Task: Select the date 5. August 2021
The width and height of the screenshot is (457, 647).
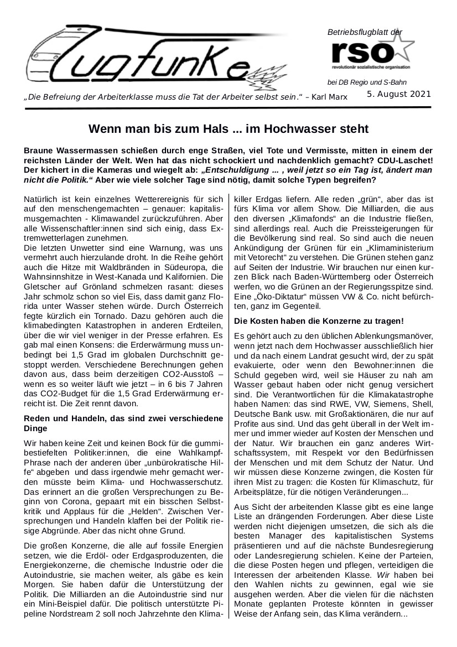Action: coord(399,94)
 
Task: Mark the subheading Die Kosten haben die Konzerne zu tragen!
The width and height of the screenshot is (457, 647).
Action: coord(319,320)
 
